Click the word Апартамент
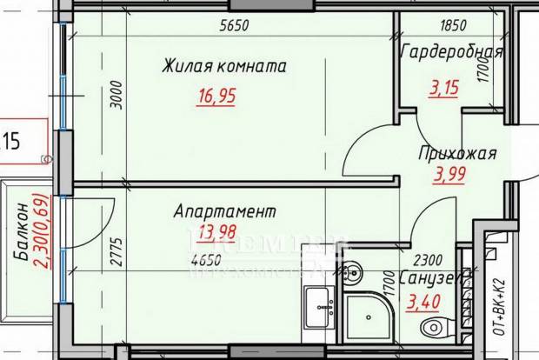(224, 211)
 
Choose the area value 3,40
(424, 303)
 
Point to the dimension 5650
(233, 25)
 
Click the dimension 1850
(448, 25)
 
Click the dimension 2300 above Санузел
(428, 258)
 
